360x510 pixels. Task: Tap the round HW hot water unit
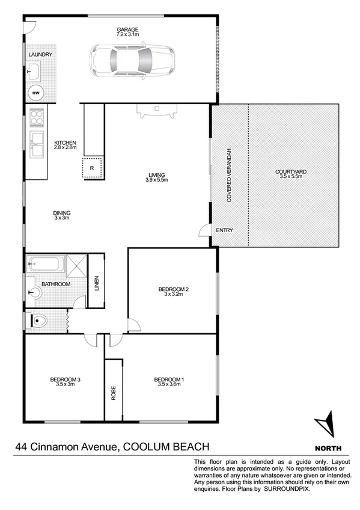(x=36, y=93)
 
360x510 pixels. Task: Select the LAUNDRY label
(x=40, y=55)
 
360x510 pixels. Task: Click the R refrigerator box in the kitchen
(x=92, y=168)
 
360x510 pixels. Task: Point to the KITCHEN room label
(x=65, y=143)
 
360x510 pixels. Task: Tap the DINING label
(x=62, y=212)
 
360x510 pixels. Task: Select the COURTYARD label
(x=291, y=173)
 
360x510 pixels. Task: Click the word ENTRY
(x=224, y=230)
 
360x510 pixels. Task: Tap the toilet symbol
(x=40, y=320)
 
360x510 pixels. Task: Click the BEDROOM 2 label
(x=174, y=290)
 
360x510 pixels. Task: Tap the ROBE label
(x=113, y=392)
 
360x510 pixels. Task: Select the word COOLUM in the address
(x=145, y=446)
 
